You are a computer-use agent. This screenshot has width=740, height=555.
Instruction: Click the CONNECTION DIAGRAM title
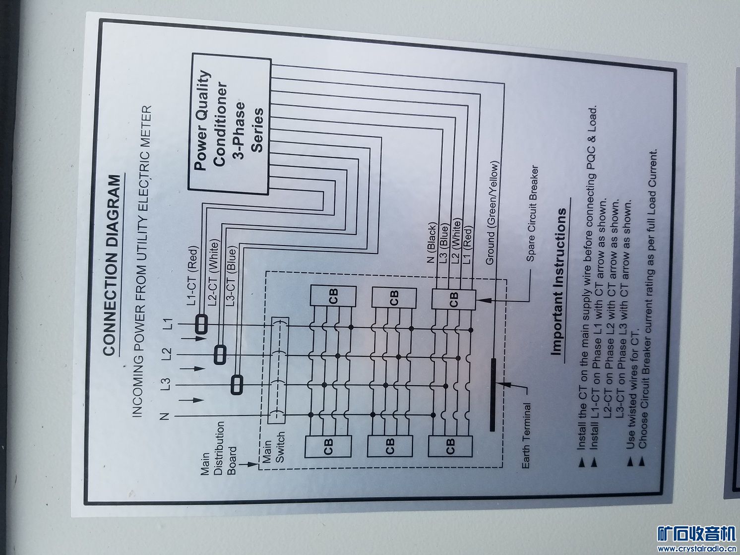tap(112, 265)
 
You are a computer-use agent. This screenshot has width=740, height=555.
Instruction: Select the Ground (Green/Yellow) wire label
tap(493, 213)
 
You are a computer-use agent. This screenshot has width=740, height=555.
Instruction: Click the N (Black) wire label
tap(432, 244)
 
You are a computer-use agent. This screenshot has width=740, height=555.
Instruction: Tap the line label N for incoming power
tap(166, 416)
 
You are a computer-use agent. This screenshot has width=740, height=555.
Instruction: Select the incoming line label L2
tap(167, 353)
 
